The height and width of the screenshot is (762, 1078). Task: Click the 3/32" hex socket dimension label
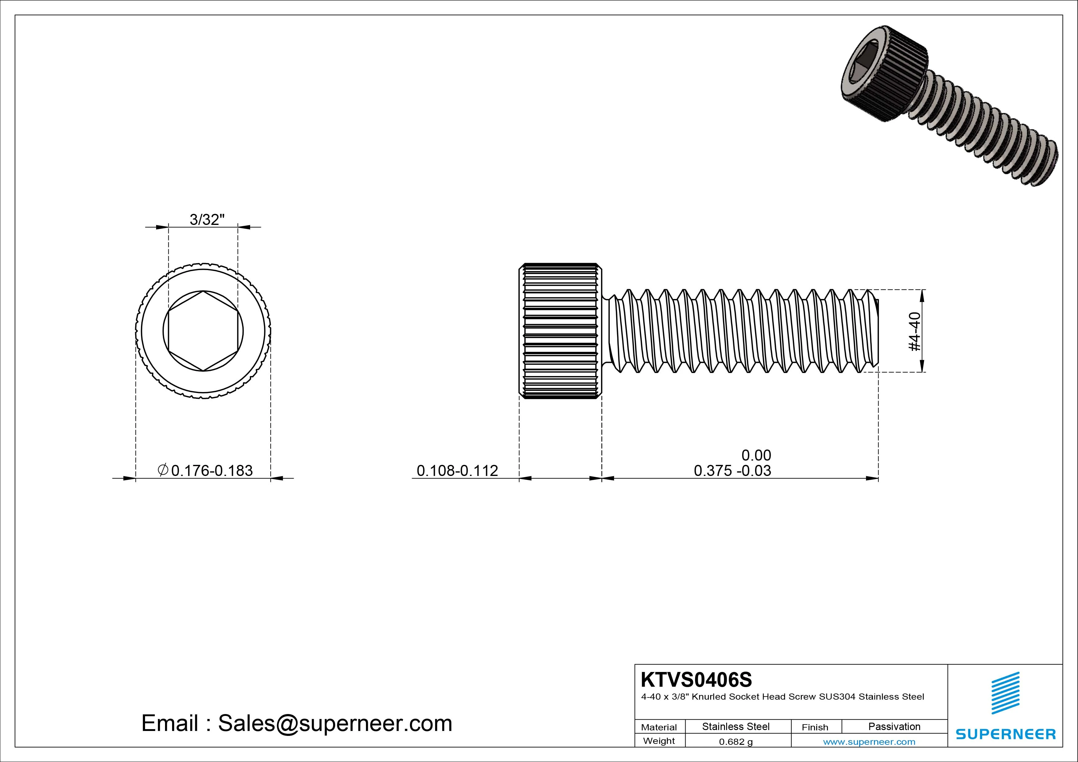(x=207, y=219)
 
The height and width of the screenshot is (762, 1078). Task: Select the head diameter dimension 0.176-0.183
(x=212, y=470)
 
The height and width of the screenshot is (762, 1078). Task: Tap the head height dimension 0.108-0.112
(x=457, y=470)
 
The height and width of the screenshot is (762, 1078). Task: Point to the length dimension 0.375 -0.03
(x=732, y=470)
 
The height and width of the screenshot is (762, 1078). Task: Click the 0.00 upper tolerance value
(x=756, y=455)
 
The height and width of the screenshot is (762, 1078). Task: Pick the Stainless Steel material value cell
(x=736, y=727)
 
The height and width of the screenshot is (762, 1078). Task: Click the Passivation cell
(x=894, y=727)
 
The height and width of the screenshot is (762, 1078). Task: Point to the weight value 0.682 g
(x=736, y=742)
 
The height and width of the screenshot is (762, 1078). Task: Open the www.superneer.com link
(x=869, y=742)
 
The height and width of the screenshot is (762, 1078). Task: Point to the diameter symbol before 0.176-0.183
(x=163, y=469)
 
